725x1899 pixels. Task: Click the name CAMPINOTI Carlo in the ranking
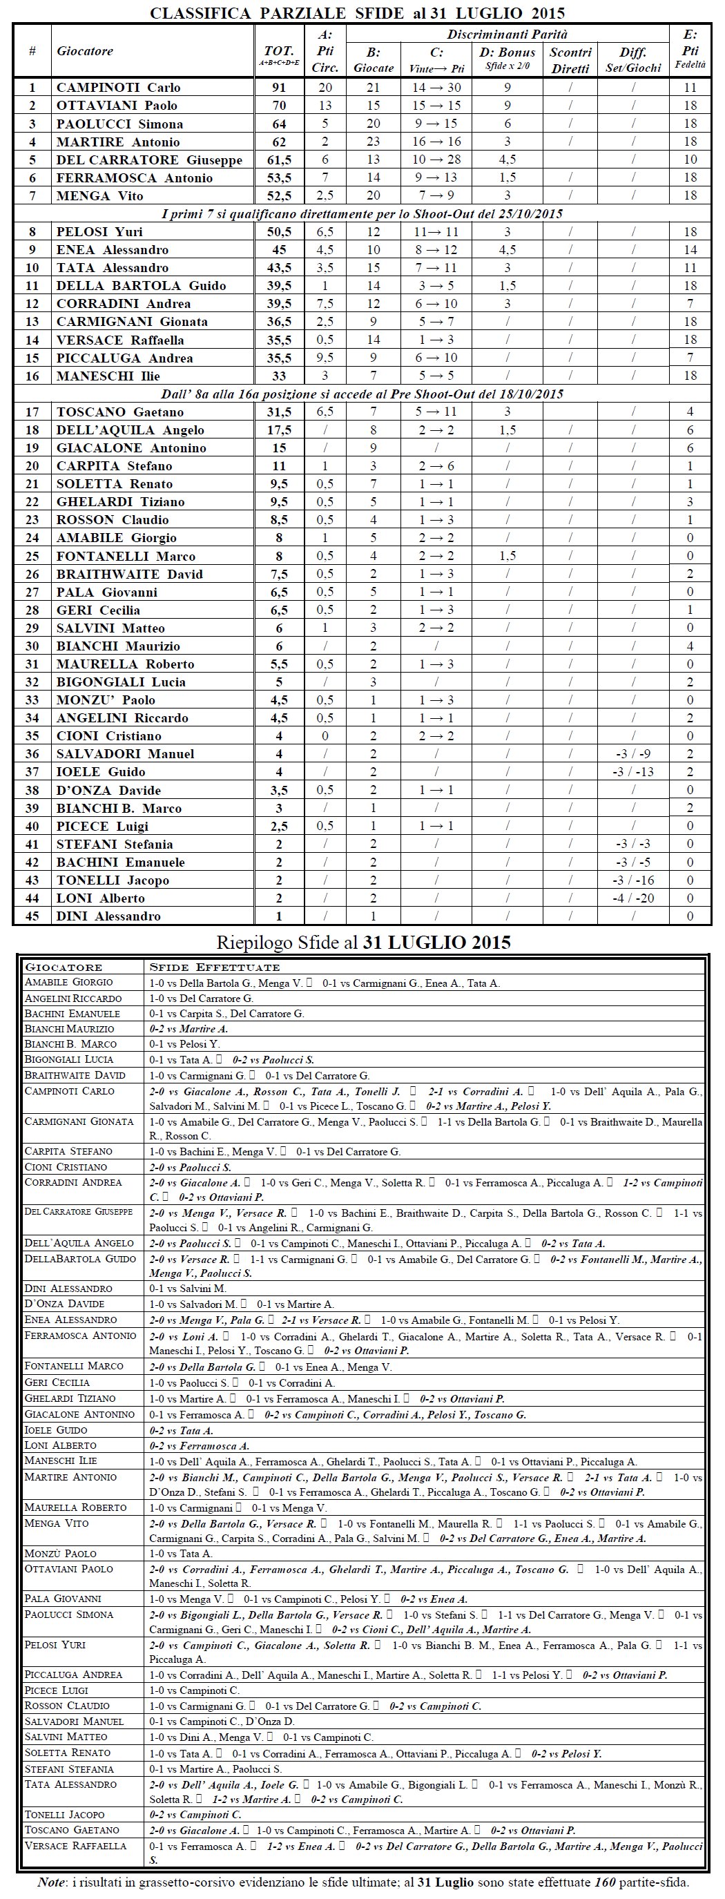pyautogui.click(x=118, y=88)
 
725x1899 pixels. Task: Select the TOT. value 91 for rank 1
pyautogui.click(x=278, y=88)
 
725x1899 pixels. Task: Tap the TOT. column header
pyautogui.click(x=278, y=52)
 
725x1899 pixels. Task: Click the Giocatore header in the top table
pyautogui.click(x=85, y=52)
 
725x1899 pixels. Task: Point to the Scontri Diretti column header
pyautogui.click(x=570, y=59)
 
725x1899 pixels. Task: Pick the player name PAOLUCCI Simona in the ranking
pyautogui.click(x=119, y=124)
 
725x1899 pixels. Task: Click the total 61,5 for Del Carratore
pyautogui.click(x=278, y=160)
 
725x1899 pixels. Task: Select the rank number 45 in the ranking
pyautogui.click(x=32, y=916)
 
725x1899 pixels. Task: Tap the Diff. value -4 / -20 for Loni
pyautogui.click(x=633, y=898)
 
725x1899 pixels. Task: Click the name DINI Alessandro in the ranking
pyautogui.click(x=108, y=916)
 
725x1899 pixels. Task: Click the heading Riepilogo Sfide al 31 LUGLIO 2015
pyautogui.click(x=363, y=942)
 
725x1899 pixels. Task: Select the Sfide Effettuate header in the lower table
pyautogui.click(x=215, y=967)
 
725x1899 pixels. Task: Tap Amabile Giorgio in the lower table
pyautogui.click(x=68, y=983)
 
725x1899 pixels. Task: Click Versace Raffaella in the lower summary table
pyautogui.click(x=75, y=1846)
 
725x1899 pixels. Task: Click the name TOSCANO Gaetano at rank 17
pyautogui.click(x=120, y=412)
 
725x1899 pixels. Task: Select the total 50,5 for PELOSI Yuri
pyautogui.click(x=278, y=232)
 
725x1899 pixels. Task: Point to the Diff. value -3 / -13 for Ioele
pyautogui.click(x=633, y=772)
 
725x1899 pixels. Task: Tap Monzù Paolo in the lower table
pyautogui.click(x=61, y=1553)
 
